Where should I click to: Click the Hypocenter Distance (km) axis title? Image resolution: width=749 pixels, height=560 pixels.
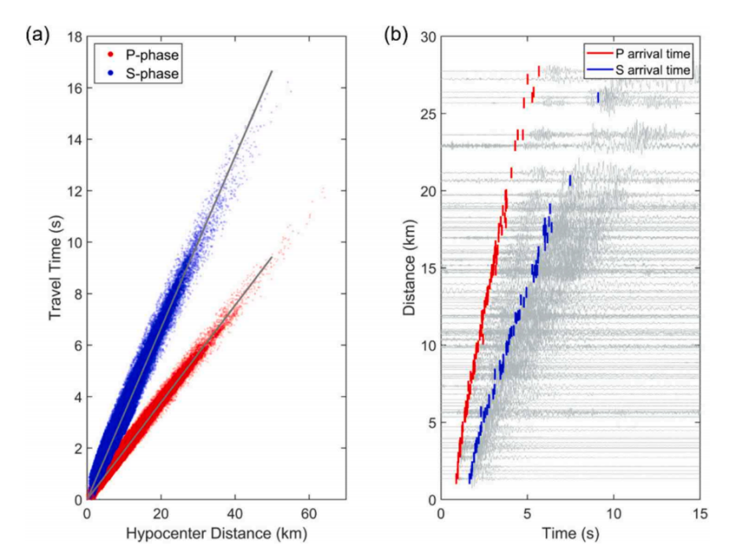pos(216,535)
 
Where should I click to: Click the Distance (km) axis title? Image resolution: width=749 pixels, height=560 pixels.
pos(409,268)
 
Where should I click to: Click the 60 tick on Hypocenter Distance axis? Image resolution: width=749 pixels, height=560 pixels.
pos(307,514)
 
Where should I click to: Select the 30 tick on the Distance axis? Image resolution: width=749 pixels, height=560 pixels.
pos(426,38)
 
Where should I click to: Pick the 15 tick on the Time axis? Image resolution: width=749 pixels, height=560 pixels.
pos(700,514)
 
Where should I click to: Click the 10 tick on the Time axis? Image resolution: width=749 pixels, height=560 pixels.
pos(613,514)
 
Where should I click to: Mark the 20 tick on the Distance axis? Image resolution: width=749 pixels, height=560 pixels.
pos(426,192)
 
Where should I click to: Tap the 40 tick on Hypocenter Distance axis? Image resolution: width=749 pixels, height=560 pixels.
pos(234,514)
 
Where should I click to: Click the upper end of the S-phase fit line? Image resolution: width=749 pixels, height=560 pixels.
pos(272,71)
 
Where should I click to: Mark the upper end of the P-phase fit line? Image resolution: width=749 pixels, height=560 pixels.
pos(272,257)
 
